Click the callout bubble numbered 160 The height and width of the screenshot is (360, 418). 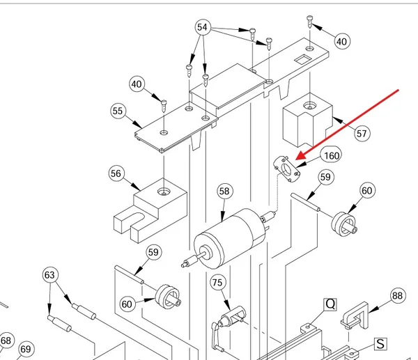click(332, 155)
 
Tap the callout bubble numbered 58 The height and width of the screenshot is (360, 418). click(224, 191)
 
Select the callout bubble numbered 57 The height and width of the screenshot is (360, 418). click(362, 133)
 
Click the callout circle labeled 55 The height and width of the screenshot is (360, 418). click(118, 111)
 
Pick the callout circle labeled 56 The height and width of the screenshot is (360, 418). click(116, 173)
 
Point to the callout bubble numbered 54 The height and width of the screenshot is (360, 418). click(203, 27)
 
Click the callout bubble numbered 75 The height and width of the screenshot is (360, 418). click(217, 283)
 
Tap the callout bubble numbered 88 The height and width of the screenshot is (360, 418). click(398, 295)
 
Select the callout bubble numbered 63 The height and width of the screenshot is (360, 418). click(50, 275)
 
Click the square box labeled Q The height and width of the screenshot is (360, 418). click(330, 304)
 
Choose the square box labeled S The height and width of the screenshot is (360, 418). click(380, 344)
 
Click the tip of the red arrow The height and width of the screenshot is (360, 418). click(296, 159)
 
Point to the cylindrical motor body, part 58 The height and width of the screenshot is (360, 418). click(228, 238)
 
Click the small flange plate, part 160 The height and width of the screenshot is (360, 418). click(287, 169)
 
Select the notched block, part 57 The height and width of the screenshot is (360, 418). click(307, 120)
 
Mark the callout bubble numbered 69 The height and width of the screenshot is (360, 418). click(26, 349)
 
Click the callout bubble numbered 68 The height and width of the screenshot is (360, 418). click(6, 341)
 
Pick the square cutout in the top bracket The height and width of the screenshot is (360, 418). click(302, 59)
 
